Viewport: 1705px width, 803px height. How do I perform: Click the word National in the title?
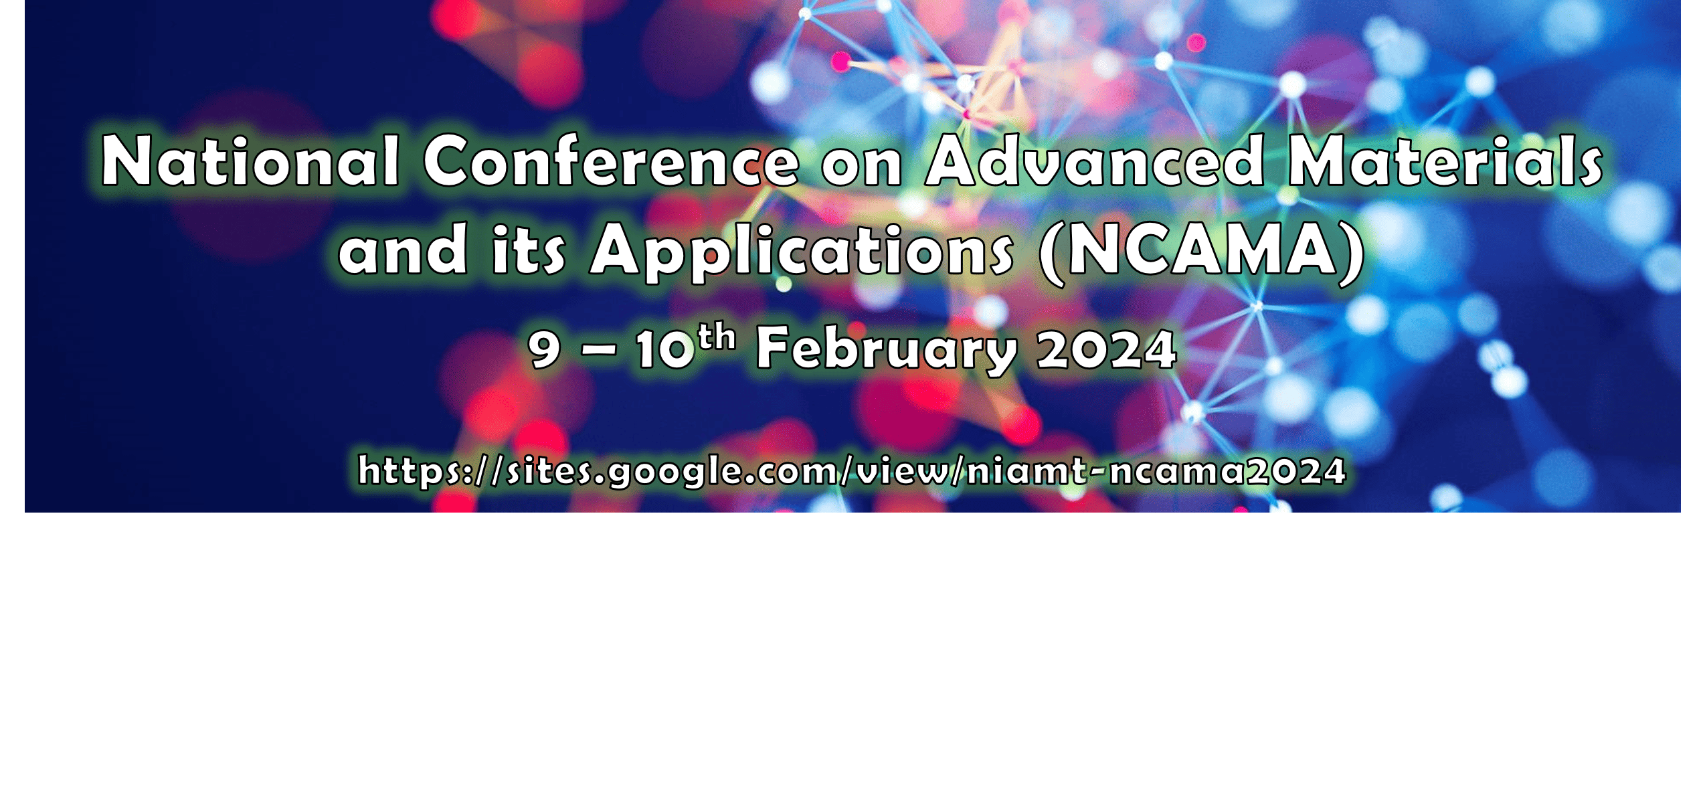click(251, 161)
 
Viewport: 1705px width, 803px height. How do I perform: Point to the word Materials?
click(1445, 161)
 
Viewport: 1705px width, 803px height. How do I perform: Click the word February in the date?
click(887, 350)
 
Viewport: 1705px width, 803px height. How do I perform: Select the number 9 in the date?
click(544, 350)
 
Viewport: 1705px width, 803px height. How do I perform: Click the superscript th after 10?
click(717, 337)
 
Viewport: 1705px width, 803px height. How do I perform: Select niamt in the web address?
click(1026, 470)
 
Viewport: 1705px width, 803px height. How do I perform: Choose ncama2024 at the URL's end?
click(1227, 471)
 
